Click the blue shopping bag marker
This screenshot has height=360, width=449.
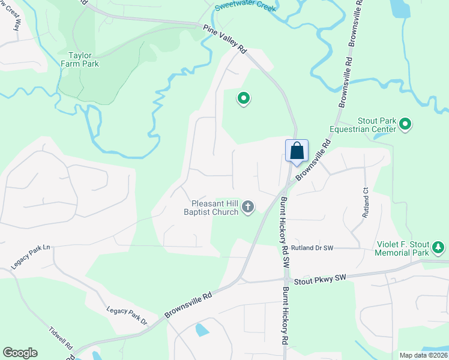tap(297, 151)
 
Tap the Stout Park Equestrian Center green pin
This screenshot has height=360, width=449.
tap(405, 125)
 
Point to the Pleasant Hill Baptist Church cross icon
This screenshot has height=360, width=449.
tap(248, 208)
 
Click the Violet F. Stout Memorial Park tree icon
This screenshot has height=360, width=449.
tap(439, 247)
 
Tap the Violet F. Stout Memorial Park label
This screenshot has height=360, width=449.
tap(402, 248)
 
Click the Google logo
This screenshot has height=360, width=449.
tap(19, 353)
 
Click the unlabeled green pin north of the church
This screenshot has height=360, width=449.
tap(243, 98)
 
